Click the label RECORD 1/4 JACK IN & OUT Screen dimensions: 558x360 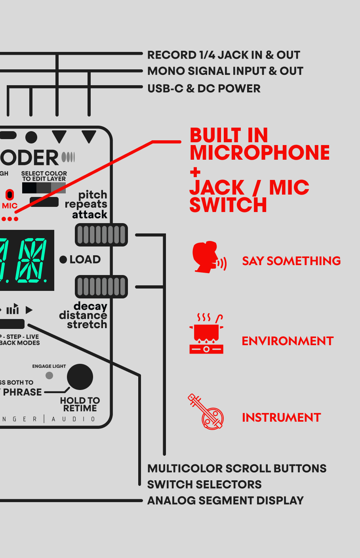[x=223, y=55]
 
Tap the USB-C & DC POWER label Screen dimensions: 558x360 [x=204, y=88]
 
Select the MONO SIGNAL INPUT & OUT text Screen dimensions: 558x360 [x=225, y=71]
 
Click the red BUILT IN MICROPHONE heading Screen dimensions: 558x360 [x=259, y=144]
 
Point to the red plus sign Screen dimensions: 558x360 [x=195, y=172]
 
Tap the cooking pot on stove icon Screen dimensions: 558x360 [x=206, y=334]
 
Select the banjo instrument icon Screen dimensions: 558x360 [x=206, y=412]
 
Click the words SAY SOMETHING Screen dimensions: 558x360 [x=291, y=261]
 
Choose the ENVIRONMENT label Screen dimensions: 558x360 [x=288, y=341]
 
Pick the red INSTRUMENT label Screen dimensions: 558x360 [x=281, y=418]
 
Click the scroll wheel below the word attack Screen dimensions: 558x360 [x=101, y=235]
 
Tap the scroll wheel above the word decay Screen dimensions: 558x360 [x=101, y=287]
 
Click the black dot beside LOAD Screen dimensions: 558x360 [x=63, y=260]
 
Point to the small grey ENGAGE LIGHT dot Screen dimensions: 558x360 [x=50, y=375]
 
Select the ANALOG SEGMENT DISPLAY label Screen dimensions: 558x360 [x=225, y=501]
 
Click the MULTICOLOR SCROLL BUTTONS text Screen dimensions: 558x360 [x=237, y=468]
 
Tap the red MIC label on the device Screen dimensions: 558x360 [x=10, y=206]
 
